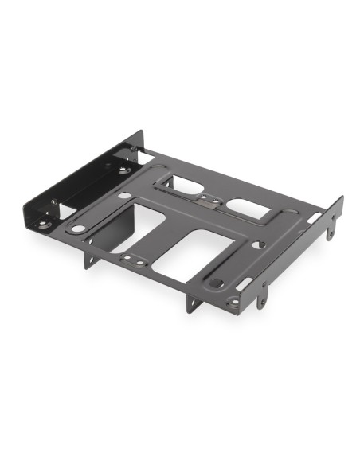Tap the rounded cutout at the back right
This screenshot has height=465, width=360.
[248, 208]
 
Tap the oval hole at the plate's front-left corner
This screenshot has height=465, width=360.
[77, 229]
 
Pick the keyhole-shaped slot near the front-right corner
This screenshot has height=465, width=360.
[216, 283]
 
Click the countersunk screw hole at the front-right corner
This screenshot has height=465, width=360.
[233, 302]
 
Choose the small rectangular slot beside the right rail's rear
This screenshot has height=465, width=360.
[315, 217]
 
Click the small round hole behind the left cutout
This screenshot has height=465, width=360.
[126, 195]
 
